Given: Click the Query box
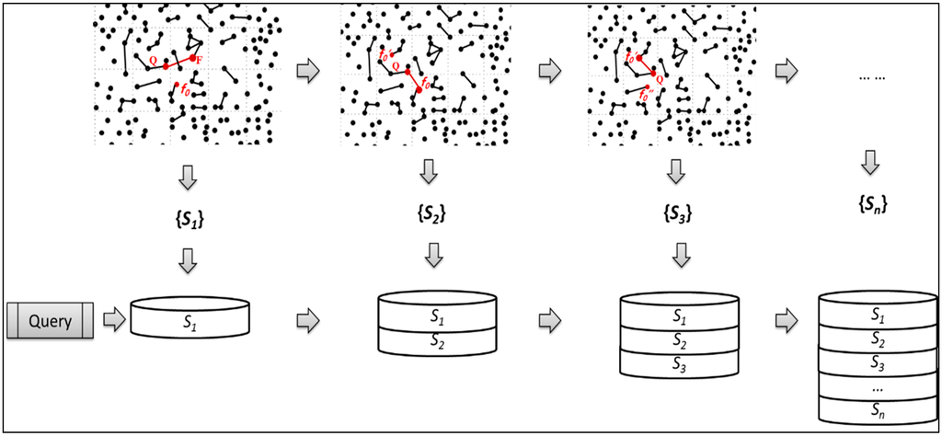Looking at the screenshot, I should pyautogui.click(x=51, y=321).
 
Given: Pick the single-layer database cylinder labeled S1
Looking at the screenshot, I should pyautogui.click(x=190, y=317).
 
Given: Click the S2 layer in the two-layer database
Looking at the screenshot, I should pyautogui.click(x=437, y=339).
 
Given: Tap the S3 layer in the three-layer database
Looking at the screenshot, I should pyautogui.click(x=681, y=361).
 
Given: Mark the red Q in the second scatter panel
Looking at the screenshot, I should pyautogui.click(x=396, y=66).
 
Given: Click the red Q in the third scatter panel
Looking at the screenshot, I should pyautogui.click(x=660, y=79).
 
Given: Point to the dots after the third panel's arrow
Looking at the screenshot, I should pyautogui.click(x=870, y=78).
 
